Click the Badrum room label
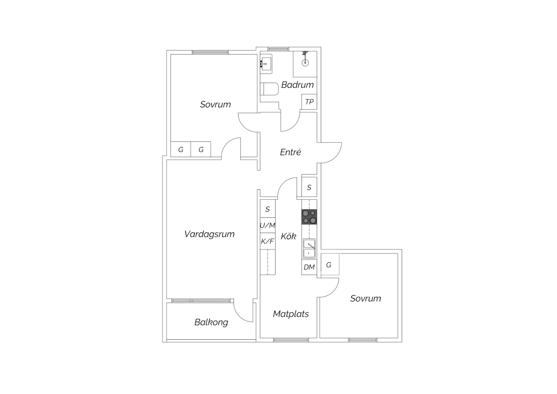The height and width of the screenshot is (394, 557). pyautogui.click(x=297, y=85)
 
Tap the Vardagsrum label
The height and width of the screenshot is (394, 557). pyautogui.click(x=209, y=234)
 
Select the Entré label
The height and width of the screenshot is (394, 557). pyautogui.click(x=290, y=152)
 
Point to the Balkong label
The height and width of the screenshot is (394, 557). pyautogui.click(x=211, y=322)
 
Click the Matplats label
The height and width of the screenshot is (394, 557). pyautogui.click(x=291, y=314)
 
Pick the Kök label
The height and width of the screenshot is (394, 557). pyautogui.click(x=289, y=236)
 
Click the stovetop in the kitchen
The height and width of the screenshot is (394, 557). pyautogui.click(x=309, y=217)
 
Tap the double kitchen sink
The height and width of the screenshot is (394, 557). pyautogui.click(x=309, y=249)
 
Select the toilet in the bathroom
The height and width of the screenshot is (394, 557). pyautogui.click(x=269, y=89)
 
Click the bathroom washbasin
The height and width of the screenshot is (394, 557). pyautogui.click(x=266, y=64)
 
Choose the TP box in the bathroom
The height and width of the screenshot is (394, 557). pyautogui.click(x=309, y=102)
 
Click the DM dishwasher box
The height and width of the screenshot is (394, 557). pyautogui.click(x=309, y=267)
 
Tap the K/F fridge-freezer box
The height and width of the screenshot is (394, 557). pyautogui.click(x=268, y=241)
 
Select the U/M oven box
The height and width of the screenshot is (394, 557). pyautogui.click(x=268, y=226)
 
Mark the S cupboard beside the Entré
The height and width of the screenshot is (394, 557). pyautogui.click(x=309, y=187)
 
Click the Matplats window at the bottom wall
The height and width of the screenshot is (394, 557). pyautogui.click(x=291, y=340)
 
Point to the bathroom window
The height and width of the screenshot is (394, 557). pyautogui.click(x=278, y=49)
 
